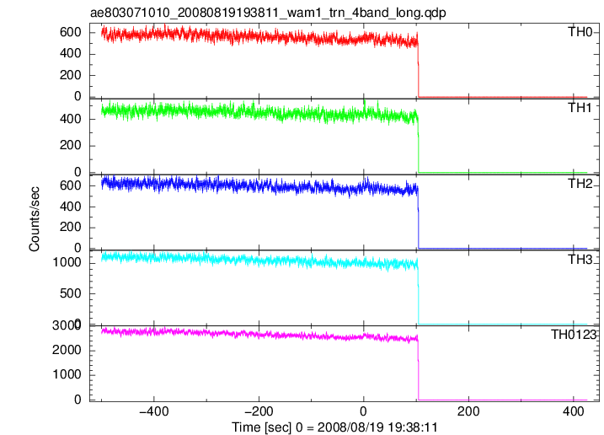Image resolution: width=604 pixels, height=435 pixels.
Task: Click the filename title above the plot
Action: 268,13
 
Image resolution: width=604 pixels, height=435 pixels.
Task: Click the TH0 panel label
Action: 580,32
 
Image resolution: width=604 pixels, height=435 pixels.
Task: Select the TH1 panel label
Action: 580,108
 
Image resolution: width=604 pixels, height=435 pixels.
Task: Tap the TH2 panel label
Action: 580,184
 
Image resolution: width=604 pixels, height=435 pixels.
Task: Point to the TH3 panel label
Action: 580,260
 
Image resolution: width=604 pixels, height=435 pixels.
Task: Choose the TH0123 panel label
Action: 574,335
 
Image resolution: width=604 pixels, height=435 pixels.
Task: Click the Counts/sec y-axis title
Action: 34,219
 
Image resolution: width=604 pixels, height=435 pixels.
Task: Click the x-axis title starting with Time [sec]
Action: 334,427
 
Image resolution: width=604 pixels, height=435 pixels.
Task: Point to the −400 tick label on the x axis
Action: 154,411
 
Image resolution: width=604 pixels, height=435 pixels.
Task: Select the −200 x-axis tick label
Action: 259,411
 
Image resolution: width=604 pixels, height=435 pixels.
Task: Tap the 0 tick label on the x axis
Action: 363,411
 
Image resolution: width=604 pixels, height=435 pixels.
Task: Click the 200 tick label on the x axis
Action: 468,411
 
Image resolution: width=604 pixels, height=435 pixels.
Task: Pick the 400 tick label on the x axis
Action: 573,411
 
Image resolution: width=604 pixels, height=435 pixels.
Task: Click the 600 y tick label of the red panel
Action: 71,32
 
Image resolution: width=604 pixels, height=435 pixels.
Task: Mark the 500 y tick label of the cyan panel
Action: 71,293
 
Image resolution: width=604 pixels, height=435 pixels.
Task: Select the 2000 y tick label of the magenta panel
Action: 67,350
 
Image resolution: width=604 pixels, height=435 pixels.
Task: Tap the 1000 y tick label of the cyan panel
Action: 67,263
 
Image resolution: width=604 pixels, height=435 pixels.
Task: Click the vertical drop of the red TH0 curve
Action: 418,66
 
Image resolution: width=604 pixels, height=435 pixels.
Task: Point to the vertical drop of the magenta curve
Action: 418,367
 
